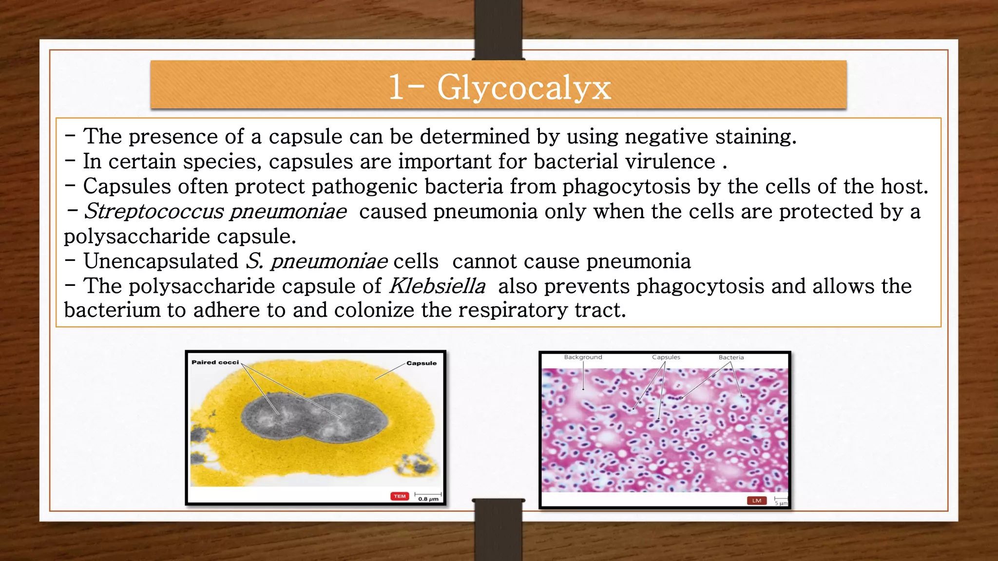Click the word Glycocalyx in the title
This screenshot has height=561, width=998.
pyautogui.click(x=524, y=88)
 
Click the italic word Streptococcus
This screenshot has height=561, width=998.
pyautogui.click(x=154, y=211)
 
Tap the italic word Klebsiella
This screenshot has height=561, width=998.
pyautogui.click(x=437, y=286)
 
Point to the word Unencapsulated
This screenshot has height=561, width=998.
pyautogui.click(x=161, y=261)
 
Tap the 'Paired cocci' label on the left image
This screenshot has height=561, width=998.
pyautogui.click(x=215, y=362)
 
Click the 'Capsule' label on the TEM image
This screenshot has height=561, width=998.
pyautogui.click(x=421, y=363)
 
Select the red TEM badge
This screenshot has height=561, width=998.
pyautogui.click(x=400, y=496)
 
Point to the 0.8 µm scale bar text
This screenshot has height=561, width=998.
pyautogui.click(x=428, y=499)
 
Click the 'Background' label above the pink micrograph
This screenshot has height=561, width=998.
pyautogui.click(x=583, y=357)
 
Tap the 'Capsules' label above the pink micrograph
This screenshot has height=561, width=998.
pyautogui.click(x=666, y=357)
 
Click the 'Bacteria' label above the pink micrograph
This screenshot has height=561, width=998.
pyautogui.click(x=731, y=357)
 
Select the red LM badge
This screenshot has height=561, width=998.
pyautogui.click(x=756, y=501)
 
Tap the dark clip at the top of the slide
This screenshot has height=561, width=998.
pyautogui.click(x=498, y=29)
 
